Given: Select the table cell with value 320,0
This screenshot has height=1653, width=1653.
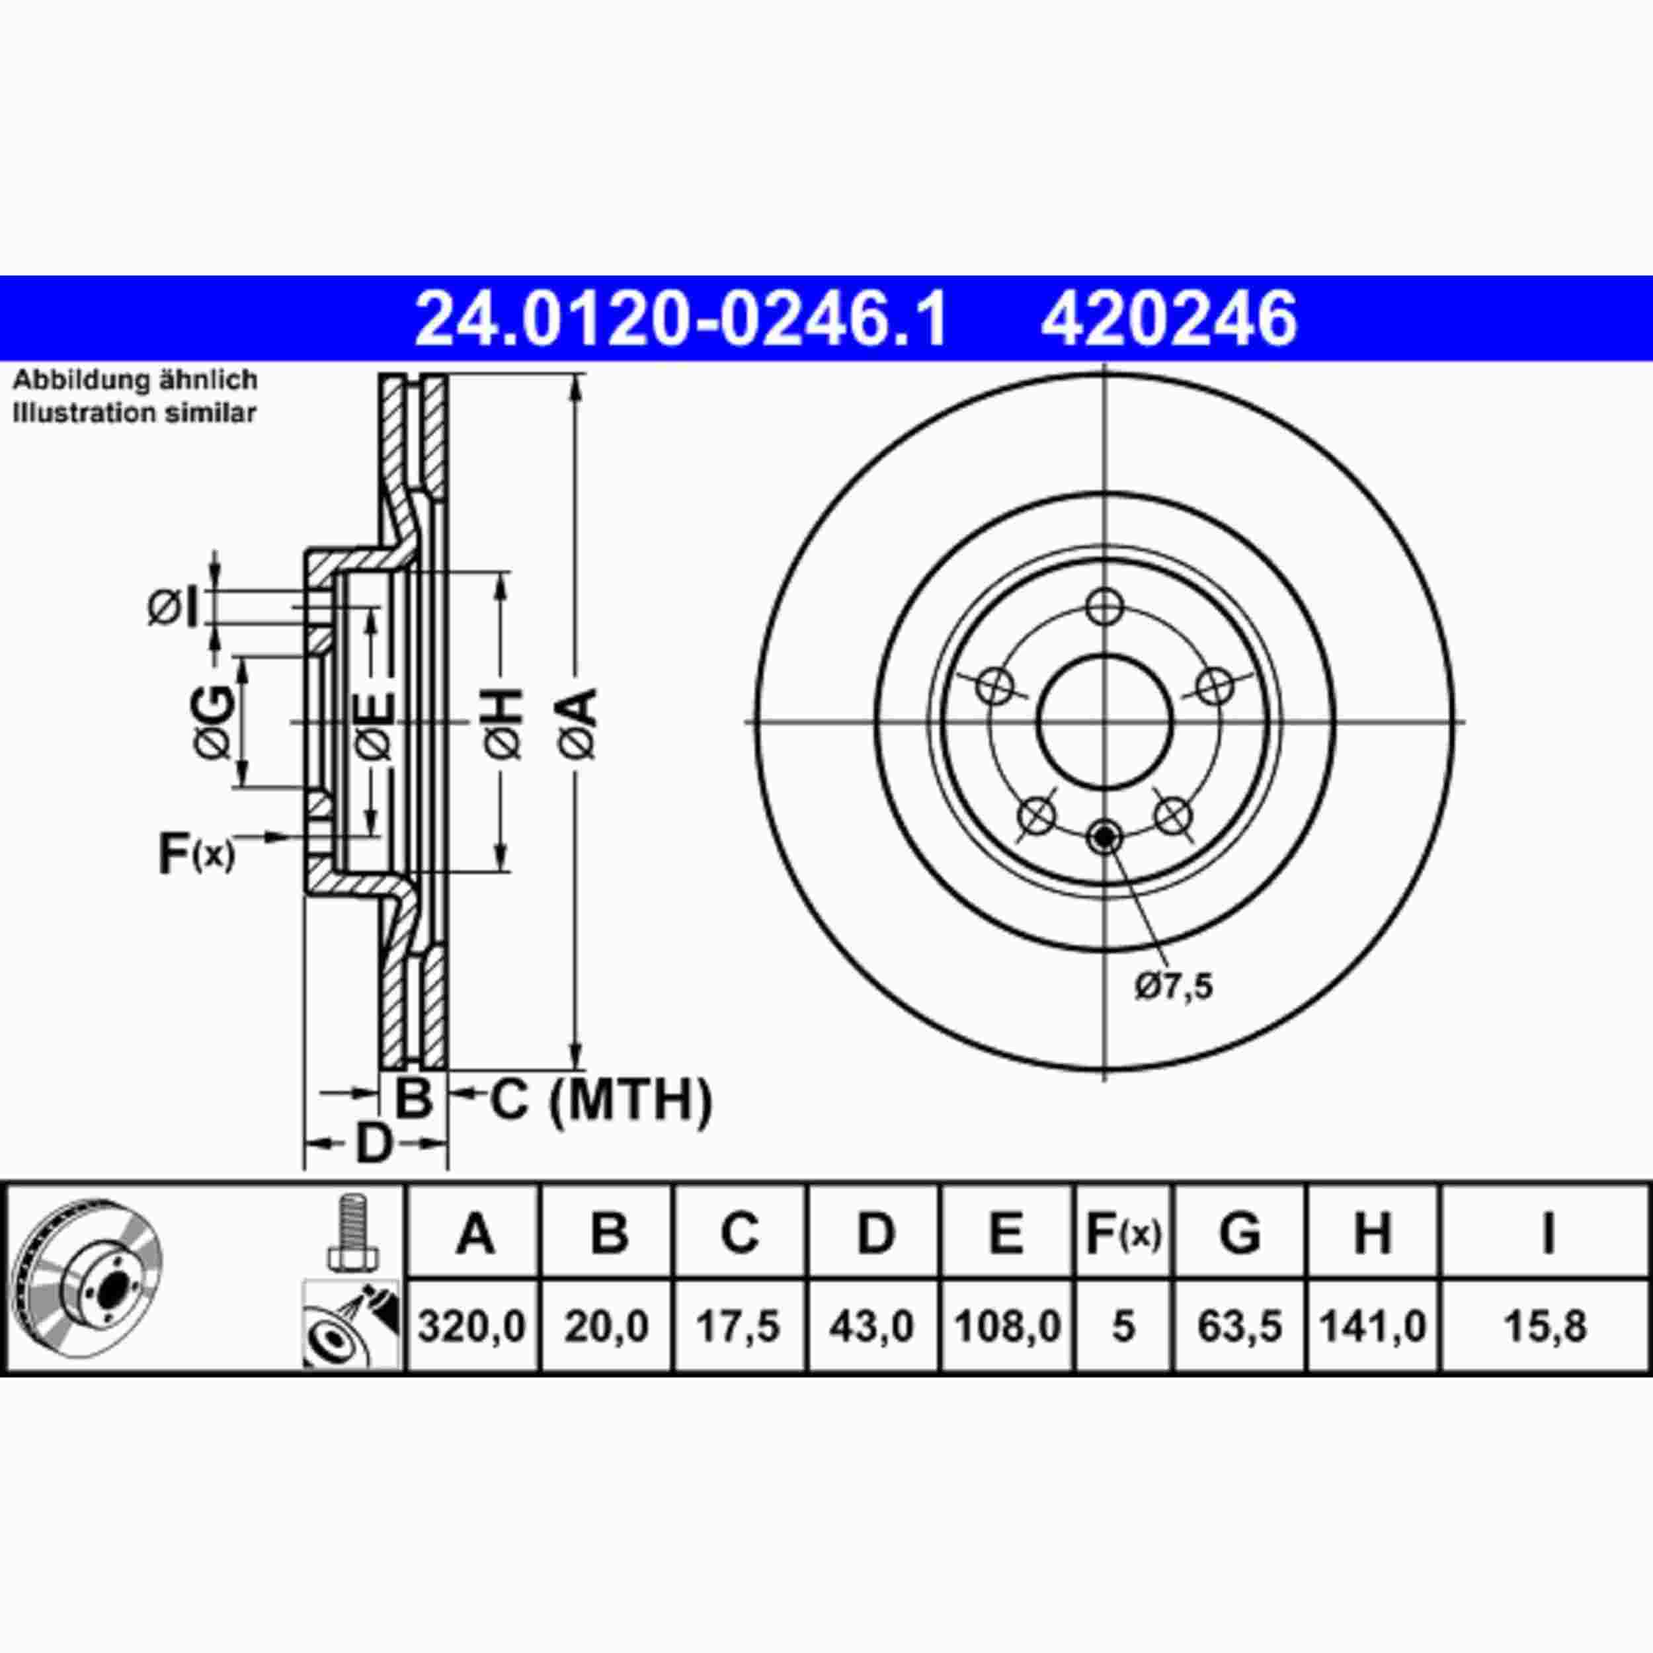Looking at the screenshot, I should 471,1327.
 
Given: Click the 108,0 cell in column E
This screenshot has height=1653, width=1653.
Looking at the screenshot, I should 1006,1327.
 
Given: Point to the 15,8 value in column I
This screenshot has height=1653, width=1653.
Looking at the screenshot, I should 1545,1327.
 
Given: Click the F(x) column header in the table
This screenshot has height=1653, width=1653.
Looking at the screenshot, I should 1123,1233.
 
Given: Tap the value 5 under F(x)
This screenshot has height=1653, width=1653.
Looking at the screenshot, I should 1123,1327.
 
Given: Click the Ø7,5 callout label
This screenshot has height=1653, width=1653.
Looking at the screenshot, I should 1174,987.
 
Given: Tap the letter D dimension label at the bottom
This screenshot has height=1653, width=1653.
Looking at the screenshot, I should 373,1144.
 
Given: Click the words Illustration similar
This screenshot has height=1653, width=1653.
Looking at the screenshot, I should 134,413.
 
